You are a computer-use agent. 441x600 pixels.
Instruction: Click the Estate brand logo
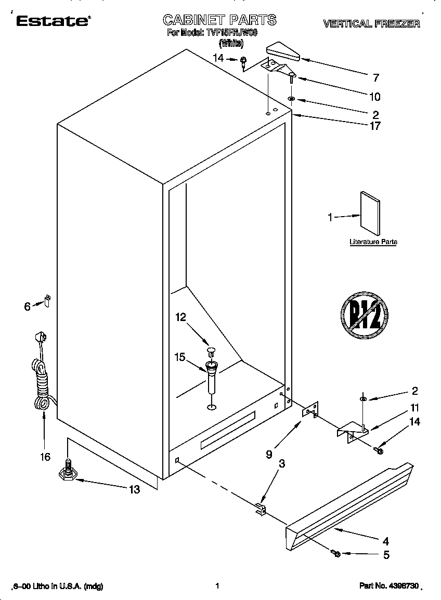coord(53,21)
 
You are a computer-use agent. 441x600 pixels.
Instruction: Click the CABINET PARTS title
coord(219,20)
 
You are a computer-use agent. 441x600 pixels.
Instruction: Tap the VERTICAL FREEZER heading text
coord(371,24)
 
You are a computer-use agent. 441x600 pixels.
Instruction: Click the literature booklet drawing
coord(369,213)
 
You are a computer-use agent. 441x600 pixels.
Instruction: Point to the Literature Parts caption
coord(373,242)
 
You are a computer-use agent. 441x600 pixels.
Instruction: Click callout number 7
coord(376,78)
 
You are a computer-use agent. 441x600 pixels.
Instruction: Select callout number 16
coord(45,457)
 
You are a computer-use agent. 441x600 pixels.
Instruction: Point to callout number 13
coord(134,489)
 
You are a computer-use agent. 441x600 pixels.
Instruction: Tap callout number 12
coord(180,317)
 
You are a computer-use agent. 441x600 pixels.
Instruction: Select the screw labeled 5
coord(336,554)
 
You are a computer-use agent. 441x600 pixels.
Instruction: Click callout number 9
coord(269,454)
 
